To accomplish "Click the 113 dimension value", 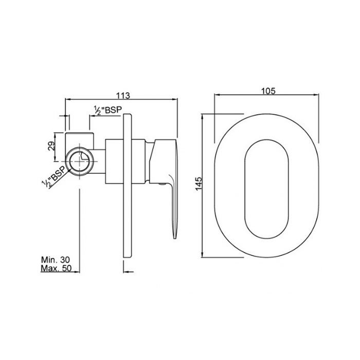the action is pyautogui.click(x=123, y=95).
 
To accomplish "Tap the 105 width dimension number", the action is pyautogui.click(x=268, y=91).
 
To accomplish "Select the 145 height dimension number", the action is pyautogui.click(x=199, y=184).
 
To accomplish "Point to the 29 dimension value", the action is pyautogui.click(x=51, y=146).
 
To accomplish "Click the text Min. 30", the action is pyautogui.click(x=56, y=260).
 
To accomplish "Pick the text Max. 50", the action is pyautogui.click(x=56, y=268).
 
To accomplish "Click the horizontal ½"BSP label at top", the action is pyautogui.click(x=107, y=110).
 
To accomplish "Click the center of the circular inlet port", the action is pyautogui.click(x=80, y=161).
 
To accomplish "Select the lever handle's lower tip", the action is pyautogui.click(x=175, y=238).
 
